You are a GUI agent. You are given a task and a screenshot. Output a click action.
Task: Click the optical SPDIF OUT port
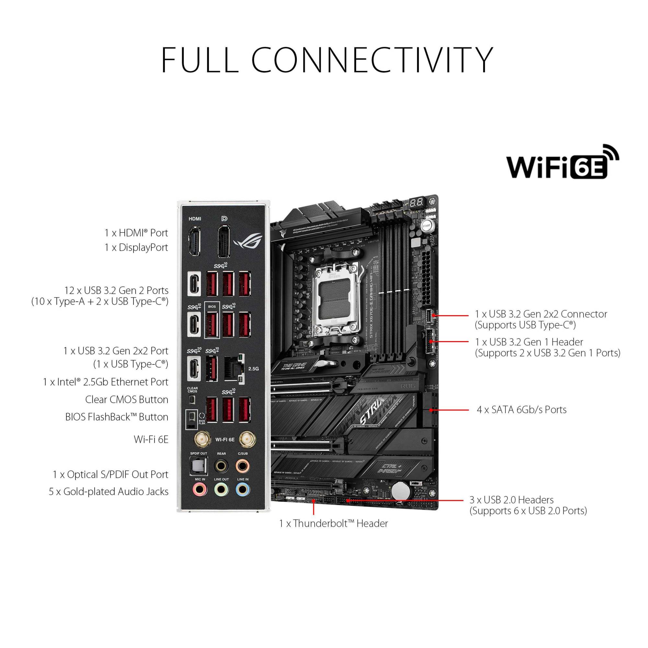tap(199, 467)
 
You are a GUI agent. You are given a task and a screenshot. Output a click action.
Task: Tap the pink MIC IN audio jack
tap(200, 490)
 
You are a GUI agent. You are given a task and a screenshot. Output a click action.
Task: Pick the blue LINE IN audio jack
tap(242, 490)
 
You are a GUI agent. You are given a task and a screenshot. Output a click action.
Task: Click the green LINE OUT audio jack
tap(221, 490)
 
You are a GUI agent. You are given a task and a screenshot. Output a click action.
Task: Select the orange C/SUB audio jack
tap(242, 466)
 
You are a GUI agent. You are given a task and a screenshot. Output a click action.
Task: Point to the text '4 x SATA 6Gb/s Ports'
tap(522, 410)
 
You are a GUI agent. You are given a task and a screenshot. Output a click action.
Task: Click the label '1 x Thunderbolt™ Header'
tap(333, 523)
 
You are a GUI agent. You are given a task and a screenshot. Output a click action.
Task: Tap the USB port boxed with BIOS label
tap(212, 324)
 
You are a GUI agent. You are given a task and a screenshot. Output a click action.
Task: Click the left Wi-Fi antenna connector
tap(202, 439)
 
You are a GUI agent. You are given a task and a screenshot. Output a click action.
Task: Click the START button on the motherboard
tap(426, 226)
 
